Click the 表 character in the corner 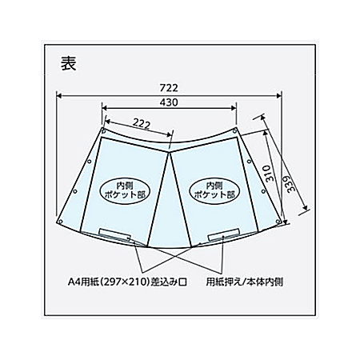(69, 63)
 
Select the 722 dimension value (169, 87)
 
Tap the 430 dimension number (169, 102)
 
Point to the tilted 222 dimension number (142, 124)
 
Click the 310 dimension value (270, 174)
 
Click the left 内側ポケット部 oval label (125, 190)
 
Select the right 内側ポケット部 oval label (214, 190)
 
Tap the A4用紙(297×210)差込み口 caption (127, 282)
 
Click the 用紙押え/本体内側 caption (245, 282)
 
